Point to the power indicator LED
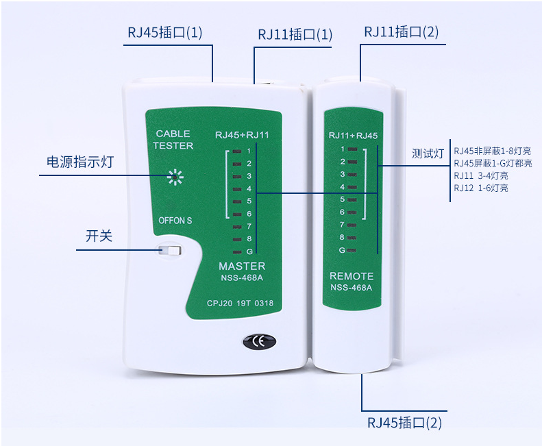pyautogui.click(x=175, y=177)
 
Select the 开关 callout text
pyautogui.click(x=99, y=236)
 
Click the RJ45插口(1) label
pyautogui.click(x=165, y=33)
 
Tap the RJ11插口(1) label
pyautogui.click(x=295, y=34)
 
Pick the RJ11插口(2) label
pyautogui.click(x=402, y=32)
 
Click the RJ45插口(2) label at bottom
pyautogui.click(x=405, y=423)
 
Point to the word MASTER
pyautogui.click(x=242, y=266)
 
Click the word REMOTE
pyautogui.click(x=352, y=276)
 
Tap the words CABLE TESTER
pyautogui.click(x=173, y=140)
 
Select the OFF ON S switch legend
pyautogui.click(x=175, y=221)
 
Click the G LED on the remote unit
pyautogui.click(x=353, y=250)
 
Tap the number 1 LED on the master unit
pyautogui.click(x=236, y=151)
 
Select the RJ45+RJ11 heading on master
pyautogui.click(x=242, y=135)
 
